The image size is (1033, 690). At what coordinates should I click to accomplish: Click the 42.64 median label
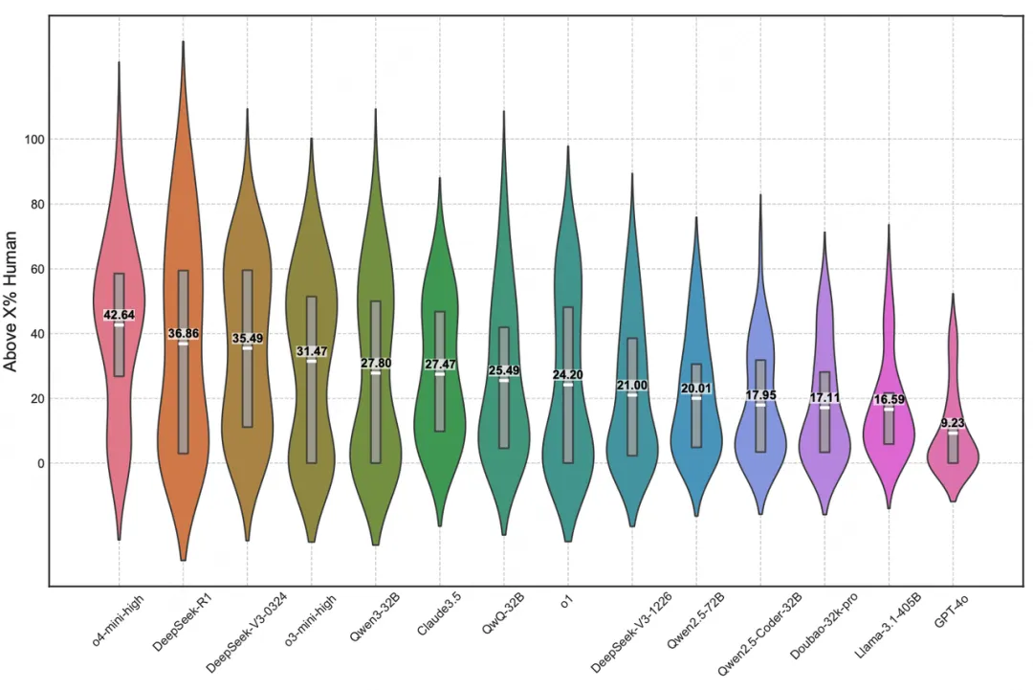click(x=120, y=315)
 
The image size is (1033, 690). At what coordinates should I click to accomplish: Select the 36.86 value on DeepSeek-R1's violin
click(x=184, y=334)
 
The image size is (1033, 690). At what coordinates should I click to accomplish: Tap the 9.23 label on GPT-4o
click(x=953, y=423)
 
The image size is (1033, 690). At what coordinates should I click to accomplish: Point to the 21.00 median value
click(x=632, y=386)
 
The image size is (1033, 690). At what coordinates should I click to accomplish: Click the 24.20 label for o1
click(x=568, y=375)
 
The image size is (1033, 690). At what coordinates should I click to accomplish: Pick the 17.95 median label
click(x=760, y=395)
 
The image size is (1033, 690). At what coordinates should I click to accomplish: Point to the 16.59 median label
click(x=890, y=400)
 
